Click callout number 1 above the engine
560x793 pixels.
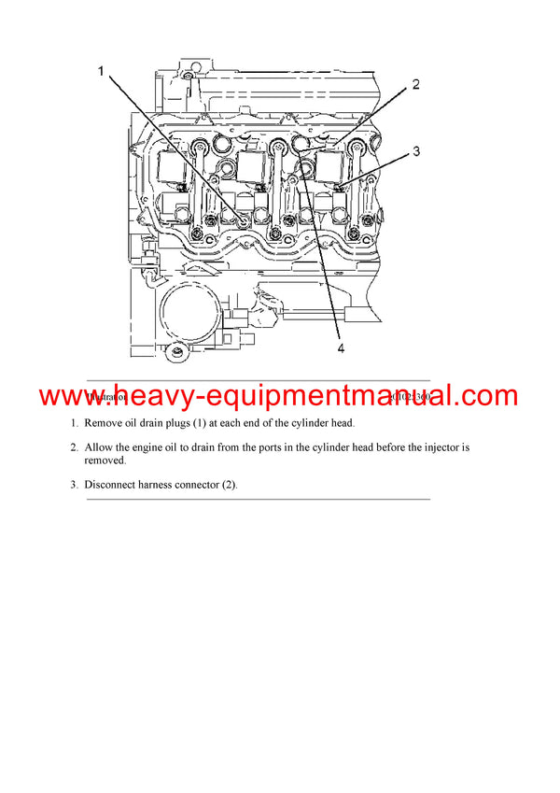[x=102, y=71]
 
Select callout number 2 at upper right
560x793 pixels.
[x=415, y=84]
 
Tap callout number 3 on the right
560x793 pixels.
[x=416, y=150]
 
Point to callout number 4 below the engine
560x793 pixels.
[x=341, y=348]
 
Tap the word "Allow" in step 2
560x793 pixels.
[x=101, y=447]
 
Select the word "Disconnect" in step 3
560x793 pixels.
[x=115, y=485]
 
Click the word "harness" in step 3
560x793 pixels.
[x=168, y=485]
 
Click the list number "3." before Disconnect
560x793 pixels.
[x=75, y=485]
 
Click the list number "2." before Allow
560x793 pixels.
[x=75, y=447]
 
